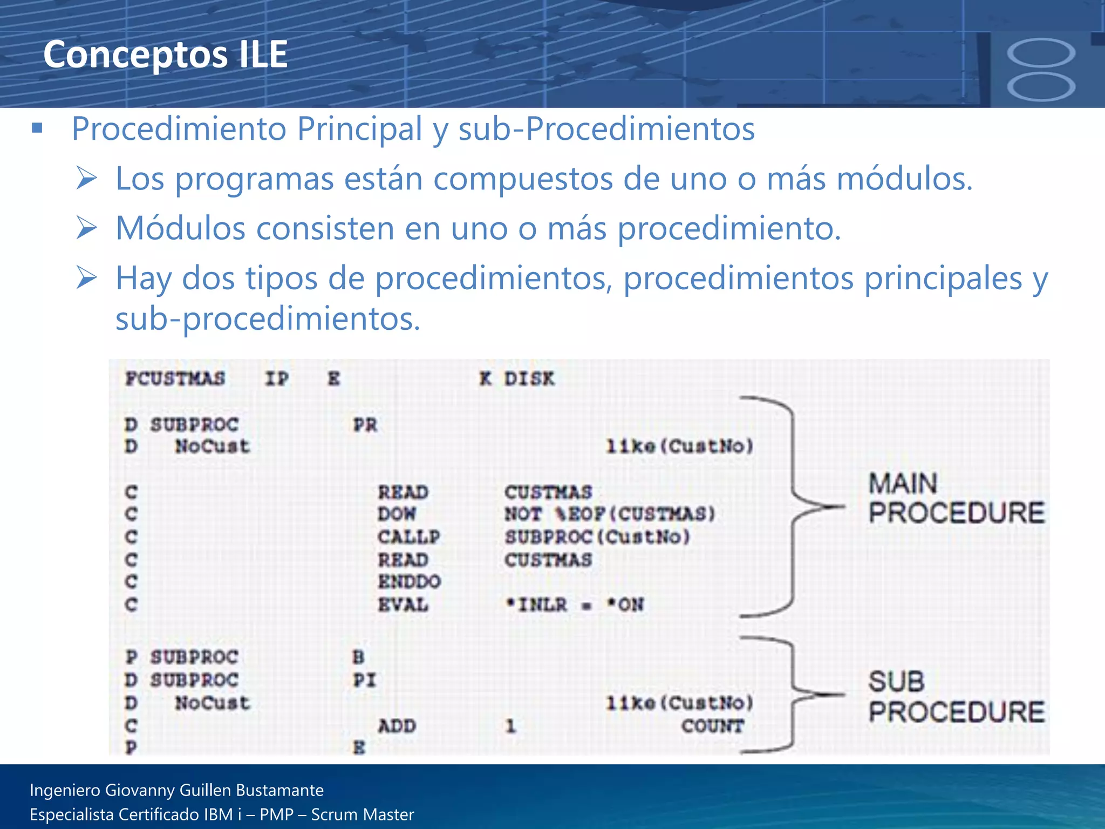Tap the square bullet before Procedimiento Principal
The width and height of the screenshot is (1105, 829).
pyautogui.click(x=37, y=128)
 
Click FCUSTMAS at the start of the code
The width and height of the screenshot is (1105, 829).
pyautogui.click(x=175, y=379)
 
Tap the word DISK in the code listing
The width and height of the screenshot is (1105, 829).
pyautogui.click(x=529, y=379)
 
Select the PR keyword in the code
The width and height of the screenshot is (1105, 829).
pyautogui.click(x=365, y=425)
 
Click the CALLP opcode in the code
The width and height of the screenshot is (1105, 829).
pyautogui.click(x=408, y=537)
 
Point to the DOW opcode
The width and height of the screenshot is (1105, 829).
pyautogui.click(x=397, y=514)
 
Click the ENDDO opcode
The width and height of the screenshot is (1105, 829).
pyautogui.click(x=409, y=582)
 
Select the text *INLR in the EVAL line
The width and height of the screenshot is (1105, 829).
pyautogui.click(x=536, y=604)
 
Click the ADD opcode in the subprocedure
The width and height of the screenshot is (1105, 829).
pyautogui.click(x=397, y=726)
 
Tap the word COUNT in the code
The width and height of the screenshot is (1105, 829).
pyautogui.click(x=712, y=726)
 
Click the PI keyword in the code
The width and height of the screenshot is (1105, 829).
pyautogui.click(x=364, y=680)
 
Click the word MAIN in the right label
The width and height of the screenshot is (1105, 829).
pyautogui.click(x=903, y=484)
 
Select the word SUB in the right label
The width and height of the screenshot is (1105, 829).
pyautogui.click(x=896, y=682)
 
